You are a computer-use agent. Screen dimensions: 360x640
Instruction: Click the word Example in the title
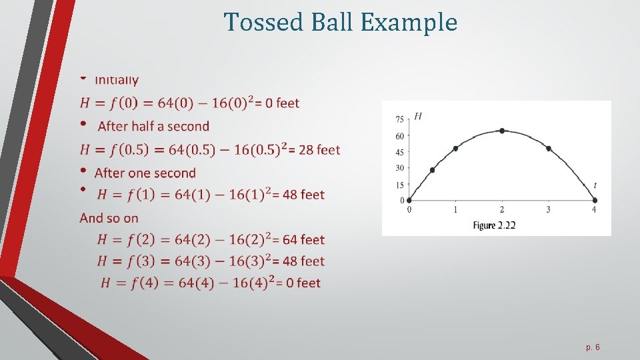pos(409,22)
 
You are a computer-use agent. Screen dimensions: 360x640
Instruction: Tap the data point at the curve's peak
pos(502,131)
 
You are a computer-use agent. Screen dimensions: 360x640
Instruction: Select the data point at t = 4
pos(595,200)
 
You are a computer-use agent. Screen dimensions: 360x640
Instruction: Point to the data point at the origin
pos(409,200)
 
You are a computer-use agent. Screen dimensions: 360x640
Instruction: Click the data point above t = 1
pos(455,148)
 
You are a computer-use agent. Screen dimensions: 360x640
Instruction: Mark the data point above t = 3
pos(549,148)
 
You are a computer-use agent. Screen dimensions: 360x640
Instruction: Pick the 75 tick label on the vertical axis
pos(399,119)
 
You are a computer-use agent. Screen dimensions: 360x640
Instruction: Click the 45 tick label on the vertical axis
pos(399,152)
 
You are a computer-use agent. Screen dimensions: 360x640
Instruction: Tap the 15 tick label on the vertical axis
pos(399,185)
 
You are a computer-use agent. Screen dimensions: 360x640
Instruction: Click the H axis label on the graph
pos(418,117)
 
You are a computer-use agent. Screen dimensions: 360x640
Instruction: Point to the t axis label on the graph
pos(595,185)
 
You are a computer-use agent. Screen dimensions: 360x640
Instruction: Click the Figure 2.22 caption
pos(494,225)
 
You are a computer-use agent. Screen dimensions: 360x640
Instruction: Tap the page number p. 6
pos(593,347)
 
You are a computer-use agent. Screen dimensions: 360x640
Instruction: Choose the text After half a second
pos(153,126)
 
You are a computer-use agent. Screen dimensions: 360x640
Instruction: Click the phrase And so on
pos(109,217)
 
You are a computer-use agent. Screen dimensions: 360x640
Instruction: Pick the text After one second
pos(145,173)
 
